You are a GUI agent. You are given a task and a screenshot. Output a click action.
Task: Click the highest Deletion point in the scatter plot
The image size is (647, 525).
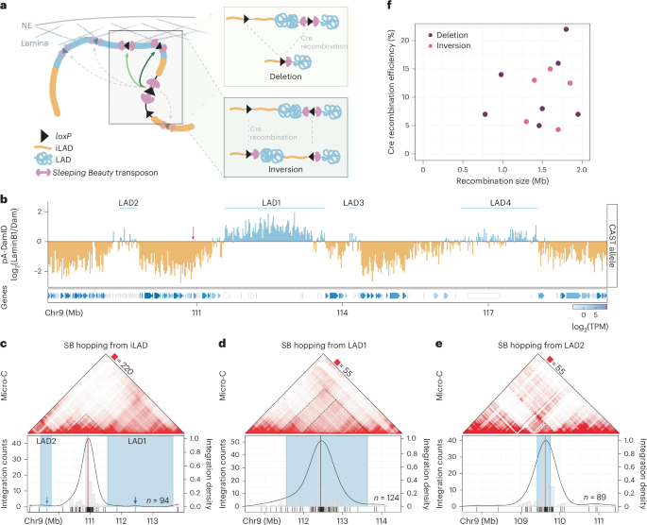pyautogui.click(x=566, y=29)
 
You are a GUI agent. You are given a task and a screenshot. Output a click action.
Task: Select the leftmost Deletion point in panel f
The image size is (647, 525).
pyautogui.click(x=485, y=114)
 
